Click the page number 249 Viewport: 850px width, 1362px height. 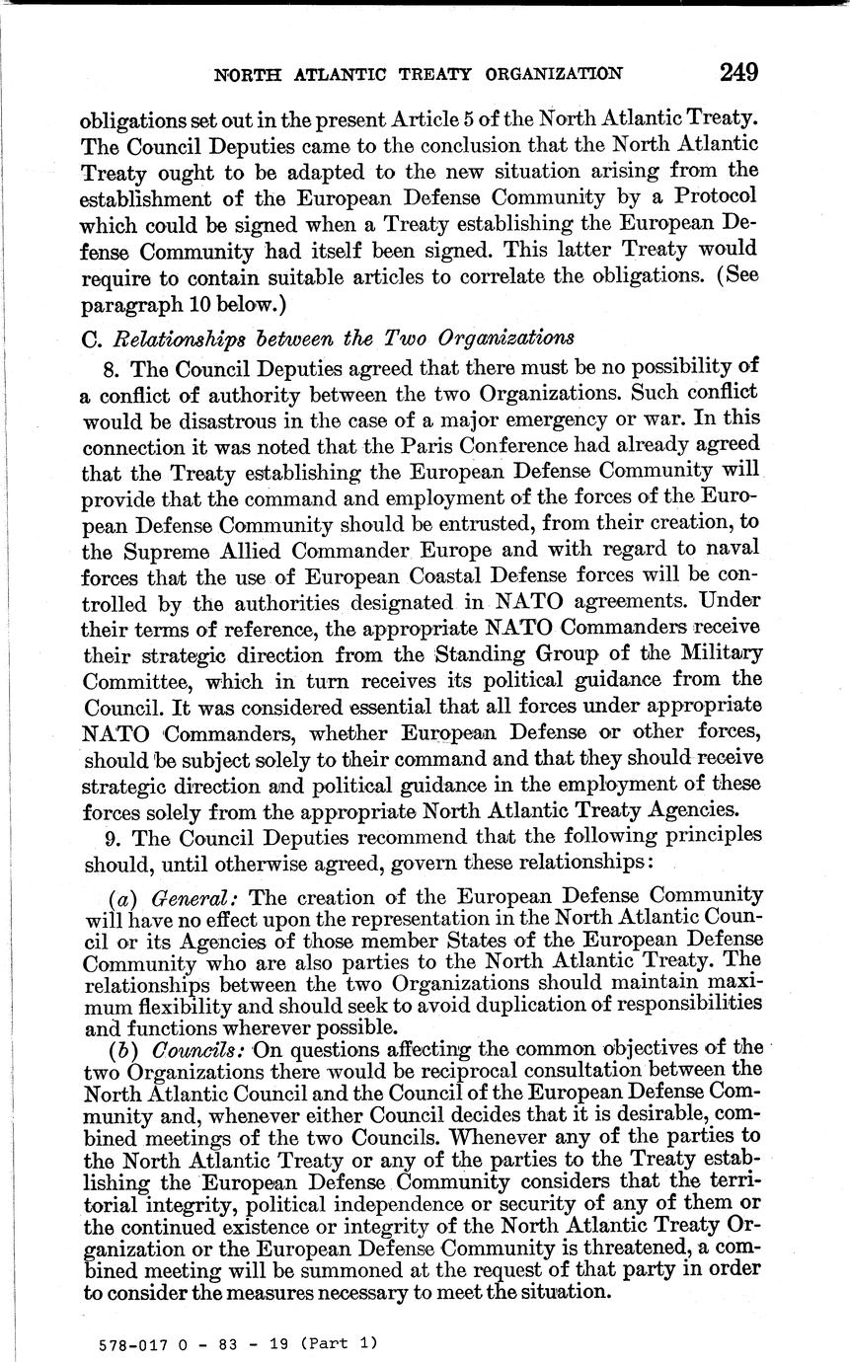[738, 72]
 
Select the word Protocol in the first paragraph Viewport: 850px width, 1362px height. [714, 194]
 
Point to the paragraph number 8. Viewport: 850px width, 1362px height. [110, 367]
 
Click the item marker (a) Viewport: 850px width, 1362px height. [120, 896]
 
